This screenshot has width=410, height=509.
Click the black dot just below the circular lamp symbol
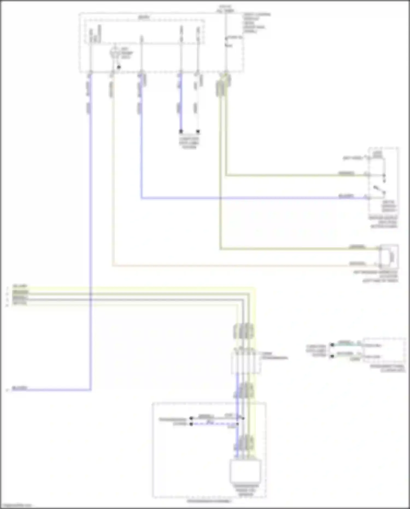tap(119, 67)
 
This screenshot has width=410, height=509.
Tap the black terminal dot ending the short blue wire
tap(181, 132)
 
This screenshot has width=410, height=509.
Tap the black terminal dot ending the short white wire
tap(198, 132)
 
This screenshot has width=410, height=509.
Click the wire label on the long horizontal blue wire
tap(346, 196)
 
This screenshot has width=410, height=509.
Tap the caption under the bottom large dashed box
tap(209, 501)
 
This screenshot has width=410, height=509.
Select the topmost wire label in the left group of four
tap(20, 286)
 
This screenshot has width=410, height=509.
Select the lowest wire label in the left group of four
tap(20, 303)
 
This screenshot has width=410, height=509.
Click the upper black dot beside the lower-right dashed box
tap(332, 345)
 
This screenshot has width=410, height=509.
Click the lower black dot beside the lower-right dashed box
tap(332, 356)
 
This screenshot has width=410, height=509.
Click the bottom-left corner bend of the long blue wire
tap(90, 390)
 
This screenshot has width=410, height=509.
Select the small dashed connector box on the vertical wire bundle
tap(246, 362)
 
